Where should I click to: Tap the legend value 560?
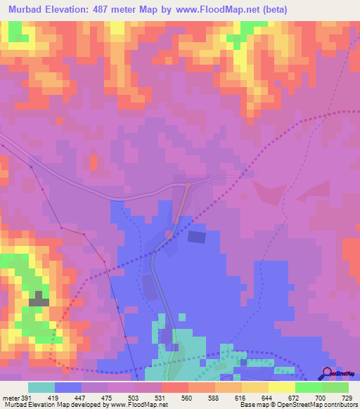187,397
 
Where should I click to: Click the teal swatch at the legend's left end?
41,387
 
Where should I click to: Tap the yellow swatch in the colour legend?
281,387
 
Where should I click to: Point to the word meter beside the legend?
11,397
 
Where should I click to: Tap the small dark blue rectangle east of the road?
197,238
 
